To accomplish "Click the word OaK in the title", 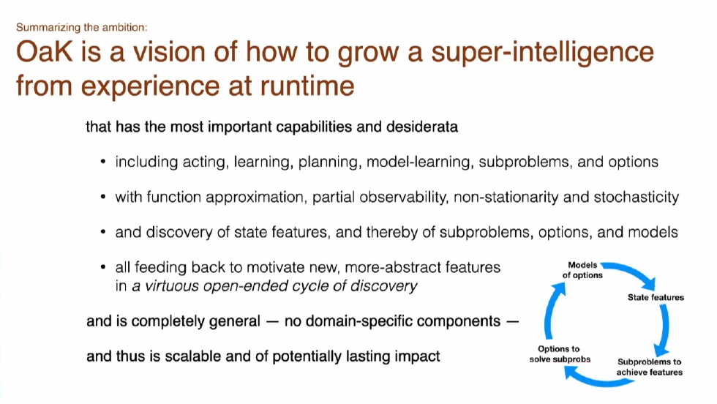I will click(x=45, y=55).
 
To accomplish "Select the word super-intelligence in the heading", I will click(x=528, y=55).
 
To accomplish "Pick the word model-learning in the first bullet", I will click(x=419, y=162).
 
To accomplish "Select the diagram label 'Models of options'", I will click(x=582, y=269).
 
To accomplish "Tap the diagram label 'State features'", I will click(x=656, y=297).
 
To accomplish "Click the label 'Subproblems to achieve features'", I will click(x=649, y=367).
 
